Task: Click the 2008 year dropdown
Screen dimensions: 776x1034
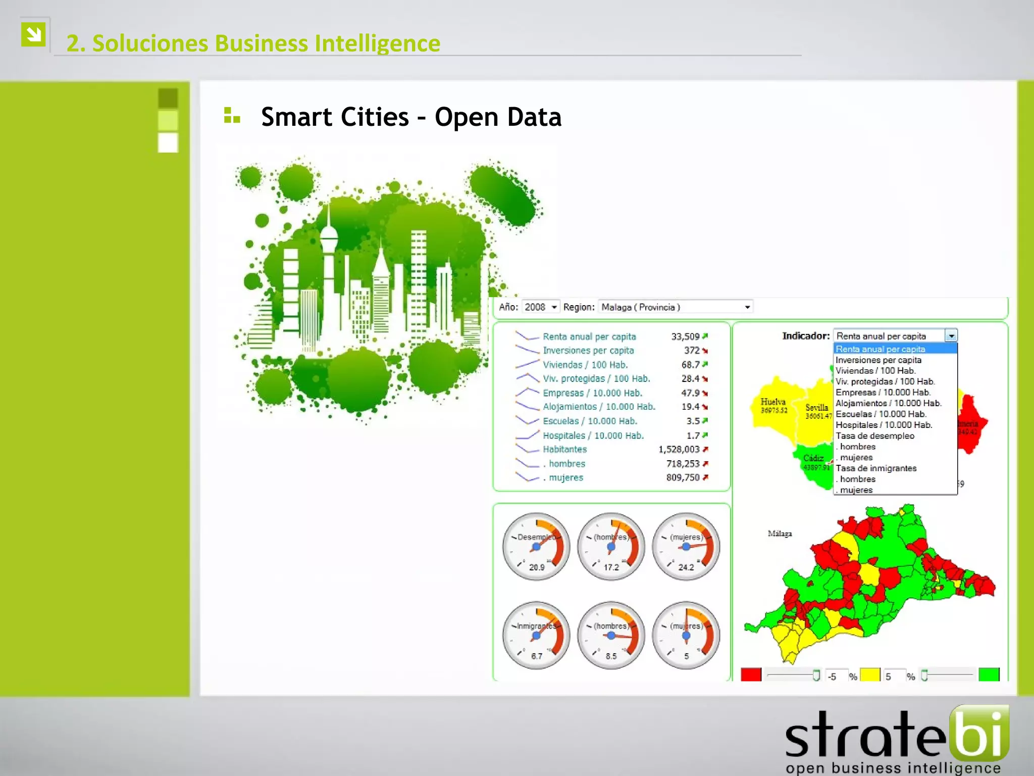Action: coord(540,307)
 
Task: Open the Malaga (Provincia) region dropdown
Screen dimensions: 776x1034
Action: coord(675,307)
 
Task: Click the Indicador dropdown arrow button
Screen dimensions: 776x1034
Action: coord(951,336)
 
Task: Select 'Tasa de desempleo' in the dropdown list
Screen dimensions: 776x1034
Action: coord(875,436)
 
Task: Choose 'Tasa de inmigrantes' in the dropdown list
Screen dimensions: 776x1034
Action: coord(876,468)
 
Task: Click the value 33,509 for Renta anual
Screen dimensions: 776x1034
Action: coord(685,336)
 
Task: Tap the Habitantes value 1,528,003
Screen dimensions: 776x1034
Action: coord(679,450)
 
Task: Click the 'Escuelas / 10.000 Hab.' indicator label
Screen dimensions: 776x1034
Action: coord(590,421)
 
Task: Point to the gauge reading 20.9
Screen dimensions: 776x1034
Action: coord(536,547)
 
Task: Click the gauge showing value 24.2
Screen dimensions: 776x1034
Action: coord(686,547)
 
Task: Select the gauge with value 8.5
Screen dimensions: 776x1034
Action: coord(611,636)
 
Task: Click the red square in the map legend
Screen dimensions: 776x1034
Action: coord(751,675)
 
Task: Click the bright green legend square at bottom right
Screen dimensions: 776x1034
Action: coord(989,675)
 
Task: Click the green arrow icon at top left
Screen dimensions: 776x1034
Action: coord(34,35)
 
